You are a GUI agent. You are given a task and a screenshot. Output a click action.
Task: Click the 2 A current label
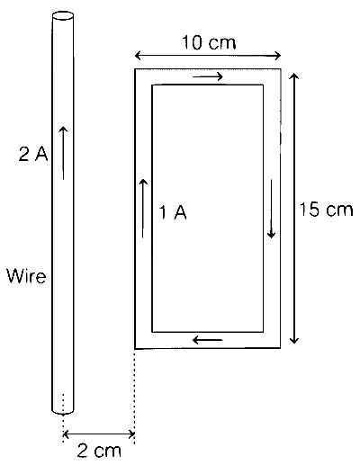click(x=33, y=155)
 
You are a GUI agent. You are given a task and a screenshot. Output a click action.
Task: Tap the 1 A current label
click(x=173, y=212)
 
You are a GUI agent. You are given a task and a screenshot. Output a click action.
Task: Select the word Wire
click(x=26, y=276)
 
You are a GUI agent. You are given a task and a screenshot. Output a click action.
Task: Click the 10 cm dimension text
click(x=209, y=42)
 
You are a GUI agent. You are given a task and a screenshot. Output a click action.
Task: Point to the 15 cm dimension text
click(x=326, y=209)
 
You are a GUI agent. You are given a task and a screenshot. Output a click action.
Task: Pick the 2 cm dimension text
click(x=99, y=450)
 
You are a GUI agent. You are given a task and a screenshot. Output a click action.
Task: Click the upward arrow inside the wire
click(x=63, y=153)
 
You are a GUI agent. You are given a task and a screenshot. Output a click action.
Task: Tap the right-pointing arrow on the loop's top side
click(x=208, y=76)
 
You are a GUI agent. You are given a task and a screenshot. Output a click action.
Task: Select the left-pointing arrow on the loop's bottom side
click(x=208, y=340)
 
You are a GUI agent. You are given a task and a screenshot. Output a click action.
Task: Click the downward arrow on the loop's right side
click(x=271, y=209)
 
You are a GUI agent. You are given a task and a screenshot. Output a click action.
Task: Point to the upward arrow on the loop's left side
click(x=143, y=209)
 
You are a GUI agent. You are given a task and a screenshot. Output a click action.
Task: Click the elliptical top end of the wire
click(x=63, y=16)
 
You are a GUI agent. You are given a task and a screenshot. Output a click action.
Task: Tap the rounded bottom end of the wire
click(x=63, y=411)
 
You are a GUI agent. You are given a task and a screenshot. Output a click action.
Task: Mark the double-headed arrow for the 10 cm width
click(x=208, y=56)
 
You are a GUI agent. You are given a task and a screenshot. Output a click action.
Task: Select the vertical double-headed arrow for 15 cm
click(x=294, y=209)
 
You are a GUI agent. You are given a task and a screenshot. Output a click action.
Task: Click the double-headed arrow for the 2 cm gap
click(x=99, y=434)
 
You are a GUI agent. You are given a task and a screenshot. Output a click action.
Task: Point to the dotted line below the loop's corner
click(x=134, y=397)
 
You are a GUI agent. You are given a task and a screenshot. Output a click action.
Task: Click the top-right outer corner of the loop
click(x=281, y=69)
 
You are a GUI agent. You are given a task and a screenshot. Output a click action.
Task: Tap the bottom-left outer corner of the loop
click(x=135, y=349)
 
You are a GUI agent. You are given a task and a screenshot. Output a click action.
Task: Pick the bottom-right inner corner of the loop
click(x=263, y=332)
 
